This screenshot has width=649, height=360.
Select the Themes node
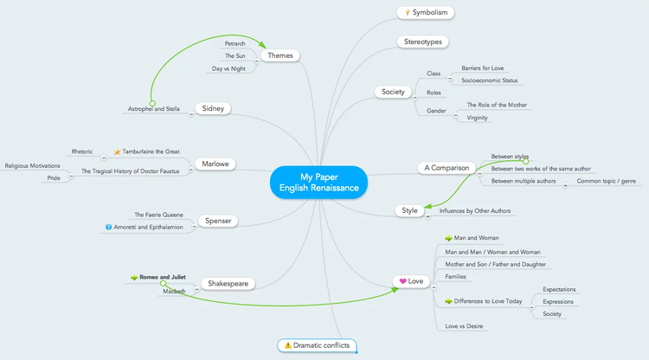pos(280,55)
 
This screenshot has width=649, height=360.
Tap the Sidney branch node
pos(212,108)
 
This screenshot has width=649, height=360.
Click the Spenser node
pos(218,221)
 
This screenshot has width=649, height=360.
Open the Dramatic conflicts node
pos(317,345)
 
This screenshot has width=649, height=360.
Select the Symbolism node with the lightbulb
pos(426,13)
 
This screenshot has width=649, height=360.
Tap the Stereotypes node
pos(423,42)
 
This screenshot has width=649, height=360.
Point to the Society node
pos(394,91)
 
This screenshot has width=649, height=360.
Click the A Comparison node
pos(447,167)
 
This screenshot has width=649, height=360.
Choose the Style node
pos(409,210)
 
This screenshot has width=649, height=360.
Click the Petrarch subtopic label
pos(235,43)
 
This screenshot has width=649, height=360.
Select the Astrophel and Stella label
pos(154,109)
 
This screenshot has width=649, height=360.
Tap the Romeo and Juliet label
pos(163,277)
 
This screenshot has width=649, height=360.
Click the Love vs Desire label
pos(464,326)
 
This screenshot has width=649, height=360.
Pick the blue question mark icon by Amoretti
pos(108,228)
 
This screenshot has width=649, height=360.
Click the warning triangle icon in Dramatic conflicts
pos(287,345)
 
